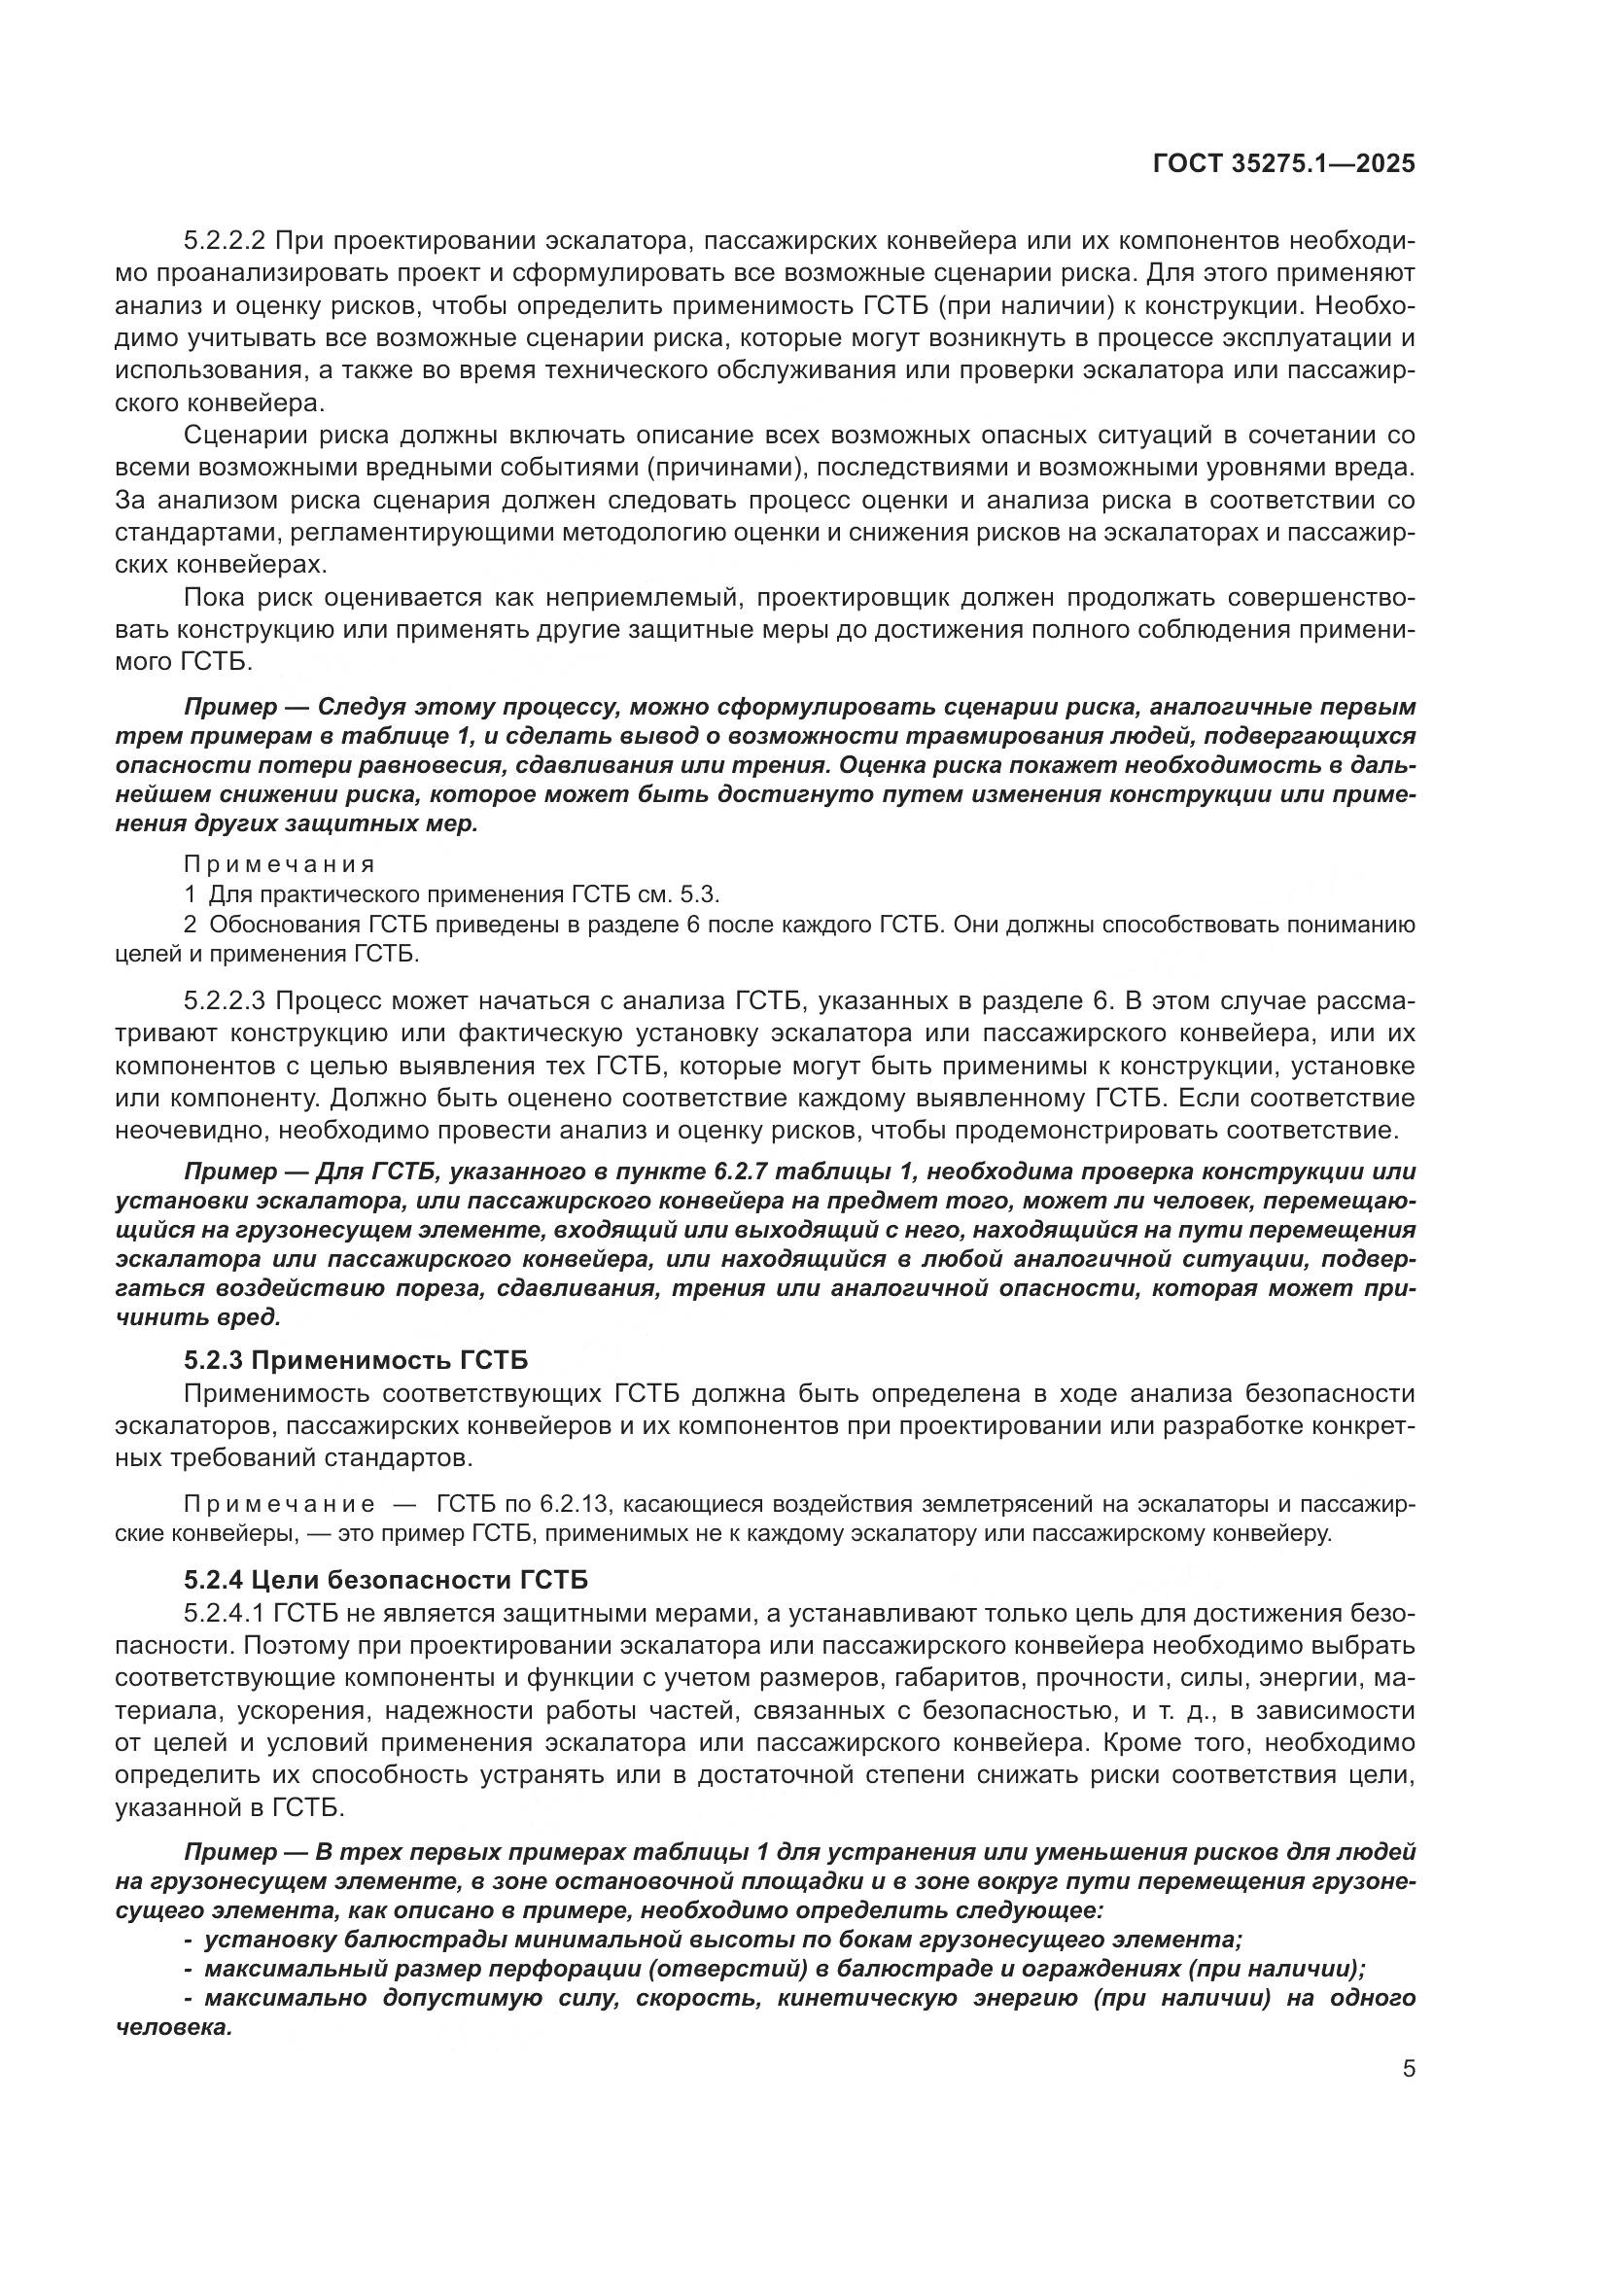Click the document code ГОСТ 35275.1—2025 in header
click(1284, 164)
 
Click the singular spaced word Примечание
click(279, 1505)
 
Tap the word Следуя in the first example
click(356, 707)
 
